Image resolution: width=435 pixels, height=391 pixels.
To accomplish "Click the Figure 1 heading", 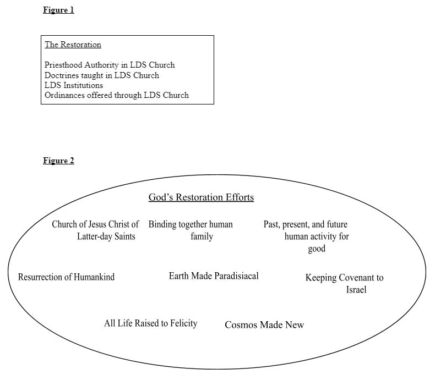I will click(x=58, y=10).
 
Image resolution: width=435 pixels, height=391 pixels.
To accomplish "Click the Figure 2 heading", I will click(x=58, y=161).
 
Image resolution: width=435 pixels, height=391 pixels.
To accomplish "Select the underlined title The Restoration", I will click(x=73, y=45).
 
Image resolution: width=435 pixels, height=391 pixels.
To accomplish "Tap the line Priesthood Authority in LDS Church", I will click(x=110, y=65).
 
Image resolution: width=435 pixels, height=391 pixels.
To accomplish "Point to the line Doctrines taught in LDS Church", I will click(x=102, y=75).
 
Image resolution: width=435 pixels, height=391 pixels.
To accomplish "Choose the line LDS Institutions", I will click(x=74, y=85).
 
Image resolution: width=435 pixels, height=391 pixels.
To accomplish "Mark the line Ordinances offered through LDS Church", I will click(x=117, y=95).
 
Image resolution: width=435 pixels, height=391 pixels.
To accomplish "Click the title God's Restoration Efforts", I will click(x=201, y=197).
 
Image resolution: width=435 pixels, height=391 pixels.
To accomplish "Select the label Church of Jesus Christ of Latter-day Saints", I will click(x=95, y=230).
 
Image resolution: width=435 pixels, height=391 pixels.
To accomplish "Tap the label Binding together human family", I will click(x=191, y=230).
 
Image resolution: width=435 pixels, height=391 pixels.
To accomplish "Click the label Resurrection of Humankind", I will click(x=66, y=277).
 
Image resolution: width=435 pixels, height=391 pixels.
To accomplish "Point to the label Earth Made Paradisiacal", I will click(x=214, y=276).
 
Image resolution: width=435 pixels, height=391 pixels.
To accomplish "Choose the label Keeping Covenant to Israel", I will click(x=344, y=283).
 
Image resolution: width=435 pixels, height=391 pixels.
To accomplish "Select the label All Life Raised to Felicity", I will click(x=150, y=323).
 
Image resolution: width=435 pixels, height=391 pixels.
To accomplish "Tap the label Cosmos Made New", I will click(x=264, y=325).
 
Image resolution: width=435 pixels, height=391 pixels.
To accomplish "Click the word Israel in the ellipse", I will click(x=356, y=290).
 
